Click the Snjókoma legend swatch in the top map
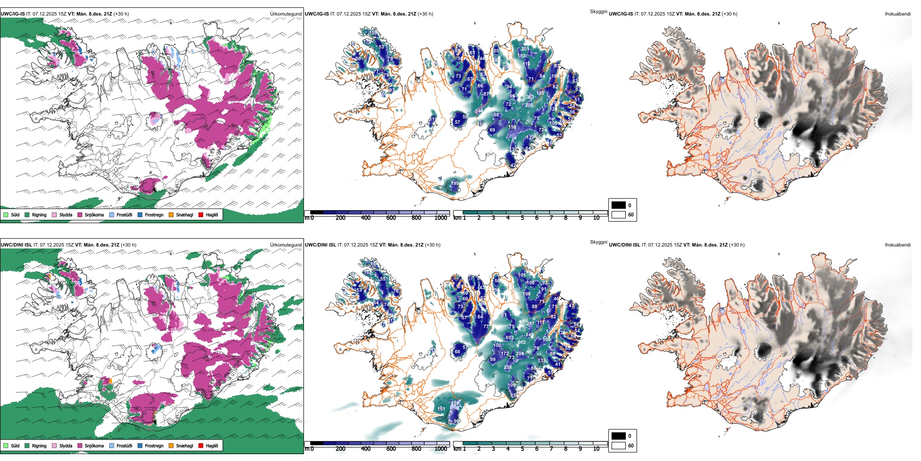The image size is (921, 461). [x=80, y=214]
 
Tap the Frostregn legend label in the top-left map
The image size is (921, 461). [x=154, y=214]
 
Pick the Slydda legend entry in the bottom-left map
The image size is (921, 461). [x=65, y=445]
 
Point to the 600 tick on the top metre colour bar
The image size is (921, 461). [x=391, y=218]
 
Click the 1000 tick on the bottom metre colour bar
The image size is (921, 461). [x=441, y=449]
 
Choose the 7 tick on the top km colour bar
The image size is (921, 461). [x=551, y=218]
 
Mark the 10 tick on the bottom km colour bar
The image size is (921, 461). [x=596, y=449]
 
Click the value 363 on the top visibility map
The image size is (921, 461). [x=530, y=97]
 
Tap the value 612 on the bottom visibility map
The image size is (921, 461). [x=522, y=343]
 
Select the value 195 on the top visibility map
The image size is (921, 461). [x=455, y=183]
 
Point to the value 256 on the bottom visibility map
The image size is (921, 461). [x=508, y=367]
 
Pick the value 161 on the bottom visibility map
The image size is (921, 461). [x=441, y=409]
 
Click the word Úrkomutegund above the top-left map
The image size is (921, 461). [x=286, y=14]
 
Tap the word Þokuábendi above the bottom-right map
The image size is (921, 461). [x=898, y=245]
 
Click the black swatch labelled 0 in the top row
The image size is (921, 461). [x=619, y=205]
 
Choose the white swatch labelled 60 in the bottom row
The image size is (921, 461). [x=619, y=445]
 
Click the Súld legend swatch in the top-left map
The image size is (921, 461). [x=6, y=214]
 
